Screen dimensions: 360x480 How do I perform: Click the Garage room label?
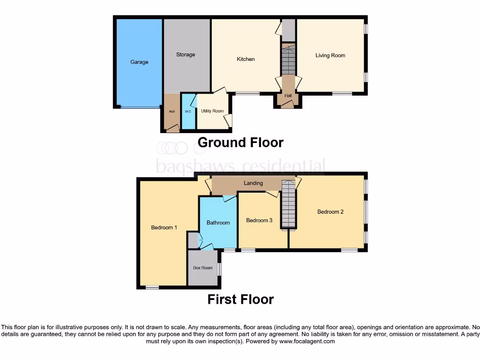pos(139,62)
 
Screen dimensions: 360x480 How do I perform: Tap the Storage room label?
pos(186,55)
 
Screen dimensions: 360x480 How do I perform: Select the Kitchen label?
pos(246,59)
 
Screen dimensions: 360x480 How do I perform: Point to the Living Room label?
pos(330,55)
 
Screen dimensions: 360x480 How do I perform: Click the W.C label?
pos(188,112)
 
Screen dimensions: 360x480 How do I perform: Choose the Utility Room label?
pos(212,111)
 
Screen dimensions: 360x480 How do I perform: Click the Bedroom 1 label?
pos(164,228)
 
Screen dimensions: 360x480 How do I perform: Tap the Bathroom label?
pos(218,223)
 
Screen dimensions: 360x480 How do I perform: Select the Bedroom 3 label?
pos(259,220)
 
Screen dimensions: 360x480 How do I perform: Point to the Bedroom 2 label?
pos(330,212)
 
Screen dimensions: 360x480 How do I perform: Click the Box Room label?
pos(203,268)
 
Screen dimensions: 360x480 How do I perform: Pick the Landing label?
pos(253,183)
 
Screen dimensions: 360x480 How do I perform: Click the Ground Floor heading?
pos(240,142)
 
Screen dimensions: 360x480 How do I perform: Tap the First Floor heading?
pos(240,299)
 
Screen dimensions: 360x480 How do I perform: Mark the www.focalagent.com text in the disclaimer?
pos(307,342)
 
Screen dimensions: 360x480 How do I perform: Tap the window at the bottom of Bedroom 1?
pos(152,287)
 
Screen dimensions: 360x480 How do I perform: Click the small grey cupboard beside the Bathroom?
pos(193,240)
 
